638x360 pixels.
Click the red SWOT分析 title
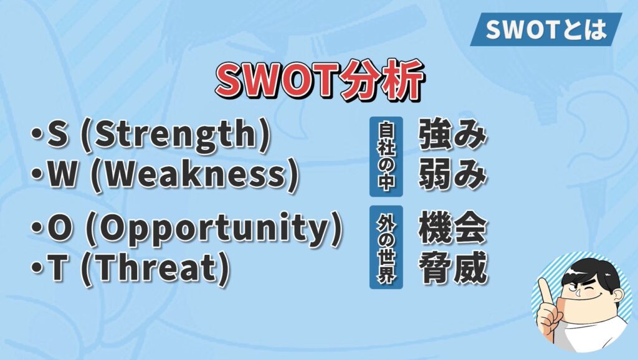[320, 80]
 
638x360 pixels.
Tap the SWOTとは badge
[546, 29]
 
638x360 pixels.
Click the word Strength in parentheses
[175, 135]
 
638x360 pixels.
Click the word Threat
[155, 268]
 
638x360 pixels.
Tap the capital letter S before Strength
[57, 135]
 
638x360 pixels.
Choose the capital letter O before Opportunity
[59, 229]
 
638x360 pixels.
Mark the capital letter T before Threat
[57, 268]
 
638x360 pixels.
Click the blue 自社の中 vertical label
[386, 156]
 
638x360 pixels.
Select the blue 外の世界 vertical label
[386, 247]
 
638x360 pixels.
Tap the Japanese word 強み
[452, 135]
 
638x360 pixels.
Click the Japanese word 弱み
[452, 175]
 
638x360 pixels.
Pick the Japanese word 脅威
[452, 268]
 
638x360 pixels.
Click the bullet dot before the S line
[37, 135]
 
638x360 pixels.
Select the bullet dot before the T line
[37, 268]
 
